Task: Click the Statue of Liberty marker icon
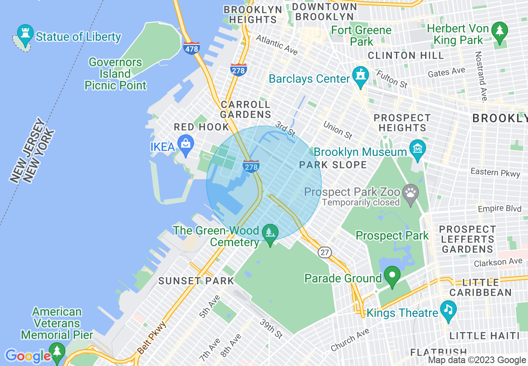tap(25, 35)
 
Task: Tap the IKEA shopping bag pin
tap(185, 143)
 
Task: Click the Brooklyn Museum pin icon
tap(417, 148)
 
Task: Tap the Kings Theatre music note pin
tap(448, 310)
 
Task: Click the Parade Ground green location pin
tap(392, 275)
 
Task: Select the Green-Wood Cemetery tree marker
tap(270, 233)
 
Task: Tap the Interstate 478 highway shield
tap(191, 48)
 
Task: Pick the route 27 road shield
tap(325, 252)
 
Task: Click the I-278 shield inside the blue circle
tap(251, 166)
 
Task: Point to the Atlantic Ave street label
tap(277, 45)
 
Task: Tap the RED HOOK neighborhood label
tap(202, 127)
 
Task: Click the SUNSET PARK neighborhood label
tap(196, 281)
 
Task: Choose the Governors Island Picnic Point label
tap(115, 74)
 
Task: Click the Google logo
tap(27, 356)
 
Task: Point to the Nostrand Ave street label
tap(481, 77)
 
